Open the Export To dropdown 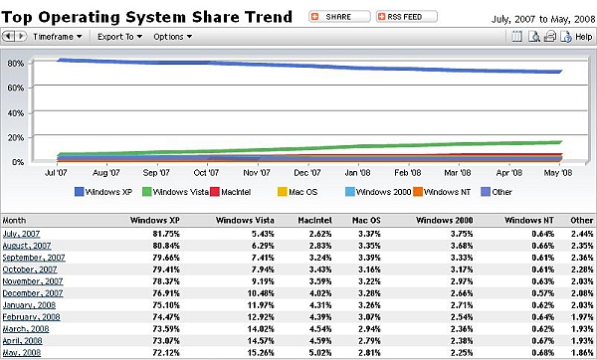pos(119,37)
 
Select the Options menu pos(172,37)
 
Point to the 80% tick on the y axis pos(16,62)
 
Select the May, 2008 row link pos(24,353)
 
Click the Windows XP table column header pos(159,219)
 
